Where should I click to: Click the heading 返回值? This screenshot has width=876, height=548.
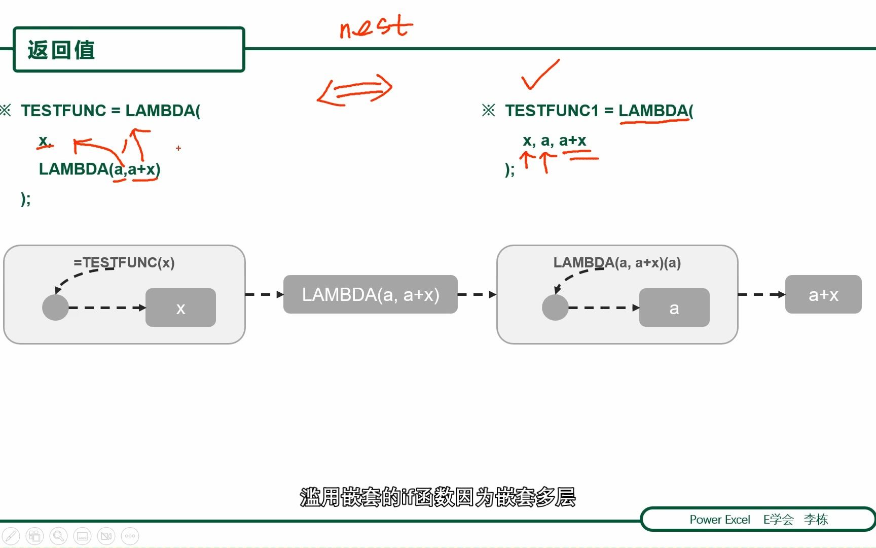pos(61,50)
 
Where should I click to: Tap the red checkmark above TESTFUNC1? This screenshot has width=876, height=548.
pos(539,75)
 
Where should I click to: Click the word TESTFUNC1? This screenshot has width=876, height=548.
pos(552,111)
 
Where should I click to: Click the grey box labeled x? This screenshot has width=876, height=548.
pos(180,307)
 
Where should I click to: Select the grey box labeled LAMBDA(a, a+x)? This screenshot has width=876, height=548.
pos(371,294)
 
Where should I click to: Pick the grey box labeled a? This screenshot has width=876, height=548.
pos(674,307)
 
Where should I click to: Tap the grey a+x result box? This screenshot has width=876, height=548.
pos(823,294)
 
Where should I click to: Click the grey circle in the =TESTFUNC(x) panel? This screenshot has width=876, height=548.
pos(55,307)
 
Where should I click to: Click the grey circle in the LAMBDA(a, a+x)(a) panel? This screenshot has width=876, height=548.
pos(555,307)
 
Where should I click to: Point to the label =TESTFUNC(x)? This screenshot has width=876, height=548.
pos(124,263)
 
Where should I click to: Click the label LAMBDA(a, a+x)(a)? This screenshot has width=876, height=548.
pos(617,263)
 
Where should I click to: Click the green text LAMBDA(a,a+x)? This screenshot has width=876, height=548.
pos(99,169)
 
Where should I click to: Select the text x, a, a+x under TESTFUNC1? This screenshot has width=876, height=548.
pos(554,141)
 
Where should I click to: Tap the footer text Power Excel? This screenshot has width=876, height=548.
pos(719,520)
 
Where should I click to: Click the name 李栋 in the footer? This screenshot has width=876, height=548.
pos(816,520)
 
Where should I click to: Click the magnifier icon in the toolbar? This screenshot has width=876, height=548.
pos(58,536)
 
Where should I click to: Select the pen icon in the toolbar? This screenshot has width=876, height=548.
pos(11,536)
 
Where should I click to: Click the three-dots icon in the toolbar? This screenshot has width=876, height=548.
pos(130,536)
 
